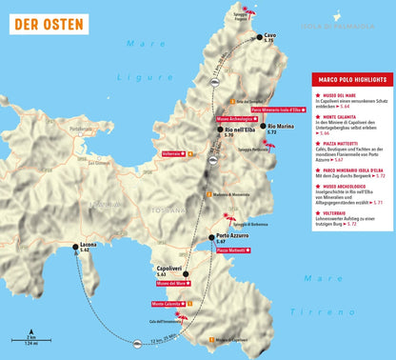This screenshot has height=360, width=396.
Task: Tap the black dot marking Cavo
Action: click(258, 37)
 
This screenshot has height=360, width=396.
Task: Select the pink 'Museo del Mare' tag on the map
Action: click(178, 283)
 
